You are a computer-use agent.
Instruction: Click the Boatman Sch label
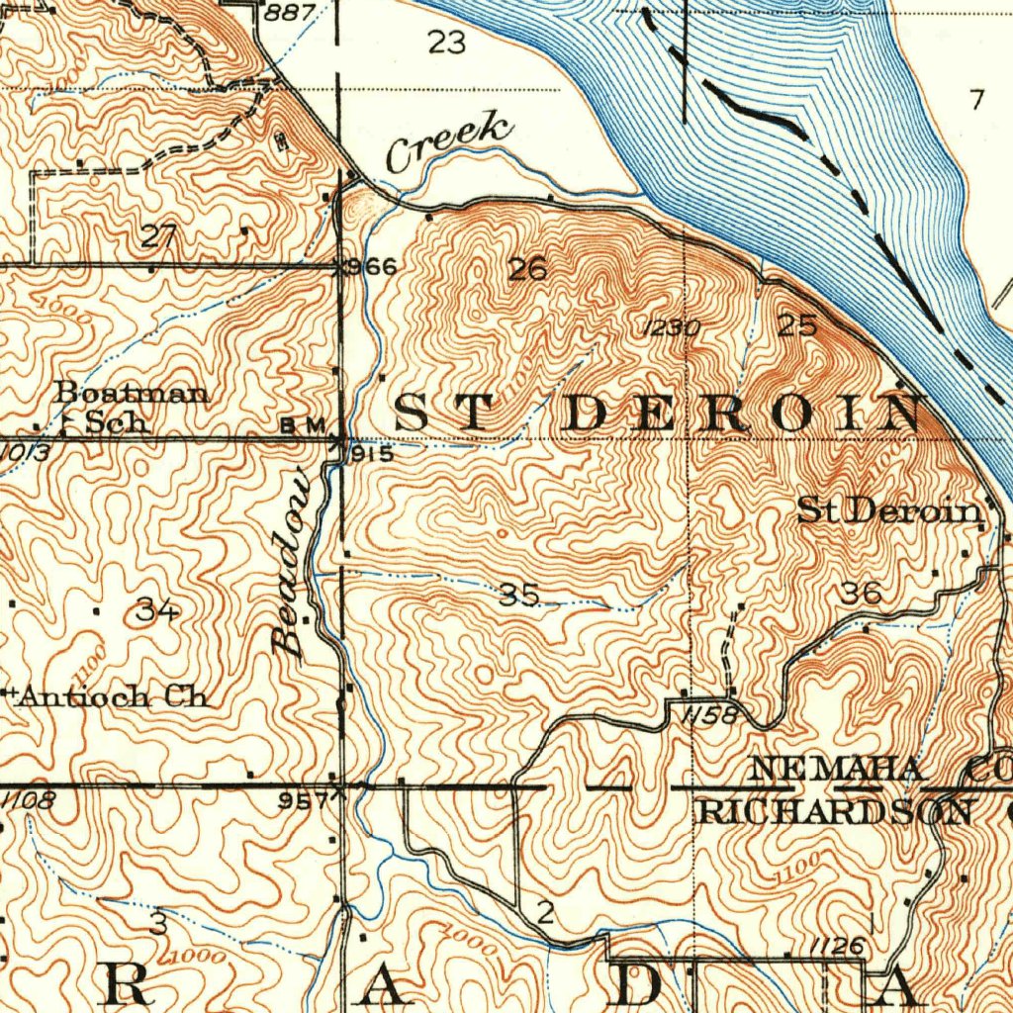click(132, 407)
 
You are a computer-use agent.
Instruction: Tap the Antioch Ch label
click(113, 696)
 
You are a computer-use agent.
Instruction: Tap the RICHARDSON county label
click(834, 812)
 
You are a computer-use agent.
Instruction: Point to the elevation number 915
click(372, 455)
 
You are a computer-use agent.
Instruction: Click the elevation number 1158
click(708, 714)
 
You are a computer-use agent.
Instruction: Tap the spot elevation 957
click(303, 801)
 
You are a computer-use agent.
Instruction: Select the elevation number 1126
click(837, 947)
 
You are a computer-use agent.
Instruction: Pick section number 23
click(447, 42)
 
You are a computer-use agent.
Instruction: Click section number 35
click(519, 595)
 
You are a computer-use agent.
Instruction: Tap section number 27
click(158, 236)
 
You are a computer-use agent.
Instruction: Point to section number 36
click(860, 594)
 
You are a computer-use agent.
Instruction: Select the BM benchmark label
click(303, 424)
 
